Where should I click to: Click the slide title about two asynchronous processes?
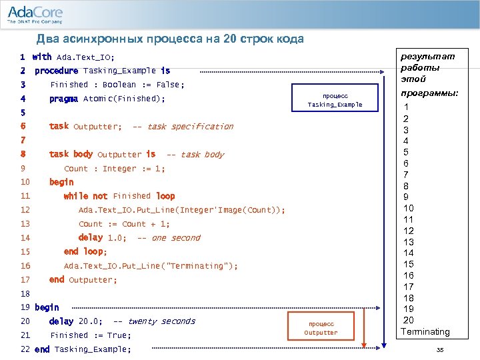(x=170, y=39)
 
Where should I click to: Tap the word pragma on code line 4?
(x=64, y=99)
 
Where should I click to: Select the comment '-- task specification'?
(x=183, y=127)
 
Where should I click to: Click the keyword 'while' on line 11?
(x=76, y=196)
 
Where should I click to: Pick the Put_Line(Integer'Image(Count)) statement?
(x=181, y=210)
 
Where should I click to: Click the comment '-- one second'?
(x=168, y=238)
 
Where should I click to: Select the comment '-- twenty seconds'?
(x=154, y=321)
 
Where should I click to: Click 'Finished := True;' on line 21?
(x=91, y=335)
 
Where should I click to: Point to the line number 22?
(x=25, y=349)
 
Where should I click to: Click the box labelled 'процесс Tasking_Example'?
(x=335, y=100)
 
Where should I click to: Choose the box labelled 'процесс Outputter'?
(x=321, y=328)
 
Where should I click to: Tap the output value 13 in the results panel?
(x=409, y=242)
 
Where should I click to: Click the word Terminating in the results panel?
(x=425, y=332)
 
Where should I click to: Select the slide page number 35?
(x=439, y=350)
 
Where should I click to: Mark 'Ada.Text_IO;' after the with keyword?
(x=85, y=57)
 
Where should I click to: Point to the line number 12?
(x=25, y=210)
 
